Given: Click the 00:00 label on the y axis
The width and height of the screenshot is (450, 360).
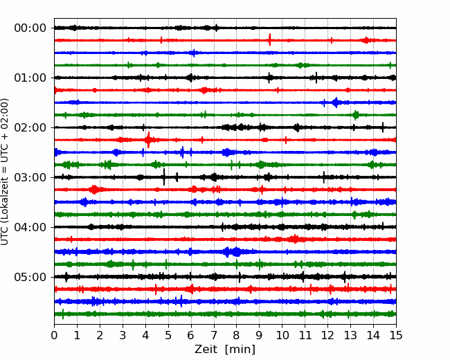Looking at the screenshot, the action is click(x=30, y=28).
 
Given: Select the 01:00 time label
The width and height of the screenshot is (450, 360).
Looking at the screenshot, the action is click(x=30, y=78).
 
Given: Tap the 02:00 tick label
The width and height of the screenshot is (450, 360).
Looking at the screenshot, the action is click(x=30, y=128).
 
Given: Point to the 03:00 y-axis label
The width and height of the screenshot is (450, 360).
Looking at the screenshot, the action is click(x=30, y=177).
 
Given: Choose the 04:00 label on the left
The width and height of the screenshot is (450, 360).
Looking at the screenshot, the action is click(x=30, y=227).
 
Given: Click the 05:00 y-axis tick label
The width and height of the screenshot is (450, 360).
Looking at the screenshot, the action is click(x=30, y=278).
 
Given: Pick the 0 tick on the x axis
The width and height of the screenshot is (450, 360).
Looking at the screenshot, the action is click(x=54, y=335).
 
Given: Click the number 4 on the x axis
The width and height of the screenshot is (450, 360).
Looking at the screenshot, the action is click(x=145, y=335).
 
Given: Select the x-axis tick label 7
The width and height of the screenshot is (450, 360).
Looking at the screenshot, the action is click(x=214, y=335).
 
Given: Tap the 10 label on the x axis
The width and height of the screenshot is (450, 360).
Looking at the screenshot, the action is click(x=282, y=335).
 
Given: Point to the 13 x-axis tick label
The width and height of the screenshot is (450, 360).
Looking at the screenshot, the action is click(x=351, y=335).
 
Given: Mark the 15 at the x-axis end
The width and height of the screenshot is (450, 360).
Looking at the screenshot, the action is click(x=396, y=335).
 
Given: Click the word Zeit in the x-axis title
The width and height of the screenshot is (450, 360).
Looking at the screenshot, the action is click(x=205, y=350).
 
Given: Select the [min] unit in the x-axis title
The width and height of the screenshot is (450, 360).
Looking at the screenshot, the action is click(x=240, y=350).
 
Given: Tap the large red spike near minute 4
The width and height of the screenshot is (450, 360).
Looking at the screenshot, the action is click(x=148, y=140).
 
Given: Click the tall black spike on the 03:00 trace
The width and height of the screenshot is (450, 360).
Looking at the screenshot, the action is click(x=164, y=177).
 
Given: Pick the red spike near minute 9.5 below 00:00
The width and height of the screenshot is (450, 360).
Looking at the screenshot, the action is click(x=270, y=39).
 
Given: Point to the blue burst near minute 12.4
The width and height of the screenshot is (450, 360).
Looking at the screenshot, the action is click(x=336, y=102).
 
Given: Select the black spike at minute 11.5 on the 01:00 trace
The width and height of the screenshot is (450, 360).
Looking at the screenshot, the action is click(x=316, y=78).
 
